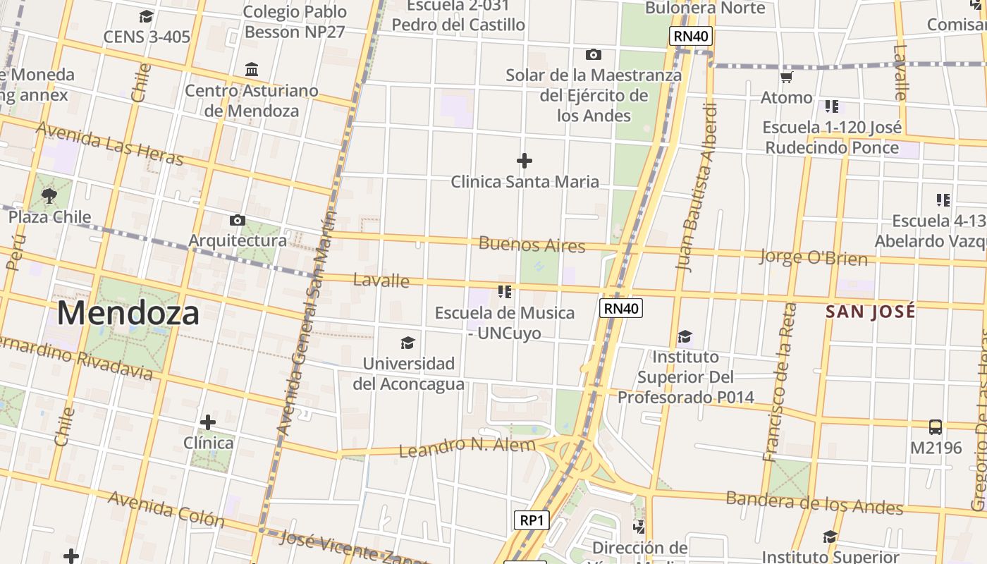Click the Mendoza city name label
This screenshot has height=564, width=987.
[x=128, y=313]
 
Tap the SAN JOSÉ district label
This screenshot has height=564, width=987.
[x=871, y=312]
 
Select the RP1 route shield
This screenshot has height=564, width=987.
[x=531, y=520]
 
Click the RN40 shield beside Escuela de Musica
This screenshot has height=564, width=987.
[x=621, y=307]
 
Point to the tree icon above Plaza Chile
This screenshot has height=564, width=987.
[x=49, y=195]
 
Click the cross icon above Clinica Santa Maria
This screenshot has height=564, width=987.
[x=524, y=161]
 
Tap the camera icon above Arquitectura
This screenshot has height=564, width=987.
[x=238, y=220]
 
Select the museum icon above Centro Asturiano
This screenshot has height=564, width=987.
[x=252, y=69]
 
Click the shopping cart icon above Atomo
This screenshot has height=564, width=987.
[x=786, y=77]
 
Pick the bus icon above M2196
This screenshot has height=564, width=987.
[x=936, y=427]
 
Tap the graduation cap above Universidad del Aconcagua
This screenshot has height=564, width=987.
[x=407, y=343]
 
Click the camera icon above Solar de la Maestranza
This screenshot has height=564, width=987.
[x=594, y=54]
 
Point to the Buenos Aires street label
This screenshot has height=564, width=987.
[x=532, y=245]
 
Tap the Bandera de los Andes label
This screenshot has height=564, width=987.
[x=814, y=503]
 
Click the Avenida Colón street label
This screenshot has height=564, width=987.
[x=166, y=510]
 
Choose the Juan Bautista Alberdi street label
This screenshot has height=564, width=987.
[x=697, y=187]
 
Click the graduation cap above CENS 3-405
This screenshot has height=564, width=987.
[x=146, y=16]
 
